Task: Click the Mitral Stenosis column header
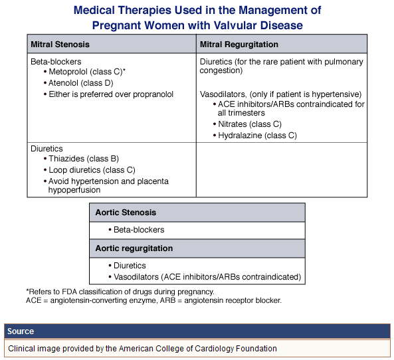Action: coord(60,45)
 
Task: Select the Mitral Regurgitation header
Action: coord(239,45)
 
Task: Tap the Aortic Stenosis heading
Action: coord(126,213)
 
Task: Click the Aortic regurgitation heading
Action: coord(134,248)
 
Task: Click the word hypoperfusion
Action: coord(74,190)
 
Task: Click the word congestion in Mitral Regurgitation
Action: coord(221,70)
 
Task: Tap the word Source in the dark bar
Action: coord(21,331)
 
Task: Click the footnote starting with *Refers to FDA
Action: coord(120,292)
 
